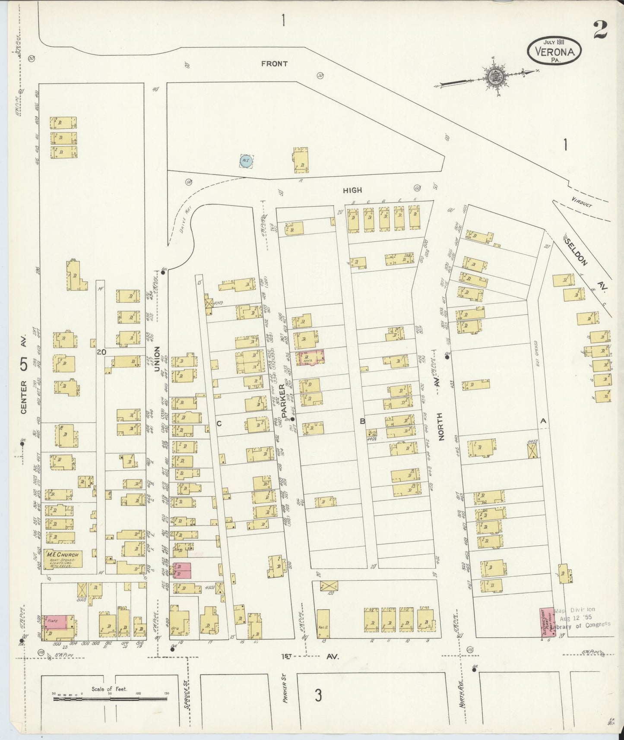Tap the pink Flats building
point(56,622)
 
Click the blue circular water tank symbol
point(246,161)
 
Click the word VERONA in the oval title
point(554,52)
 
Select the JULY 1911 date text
point(554,42)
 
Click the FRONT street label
point(274,64)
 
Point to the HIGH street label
point(352,190)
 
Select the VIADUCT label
point(581,202)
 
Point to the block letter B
point(363,421)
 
